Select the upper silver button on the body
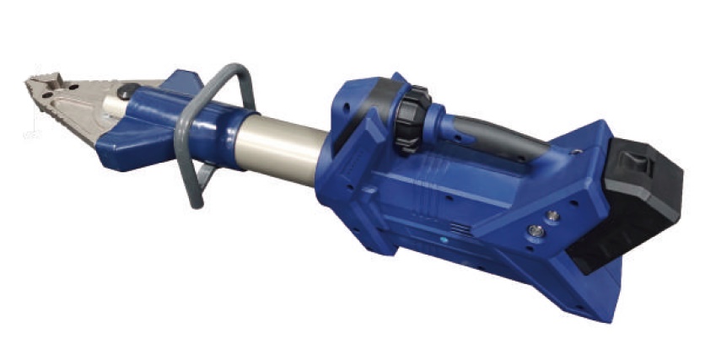tap(552, 217)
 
